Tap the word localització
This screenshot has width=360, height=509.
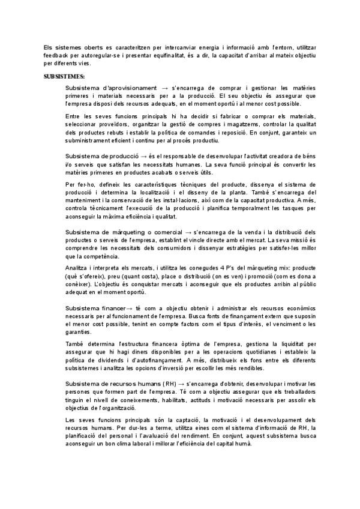(x=155, y=193)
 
